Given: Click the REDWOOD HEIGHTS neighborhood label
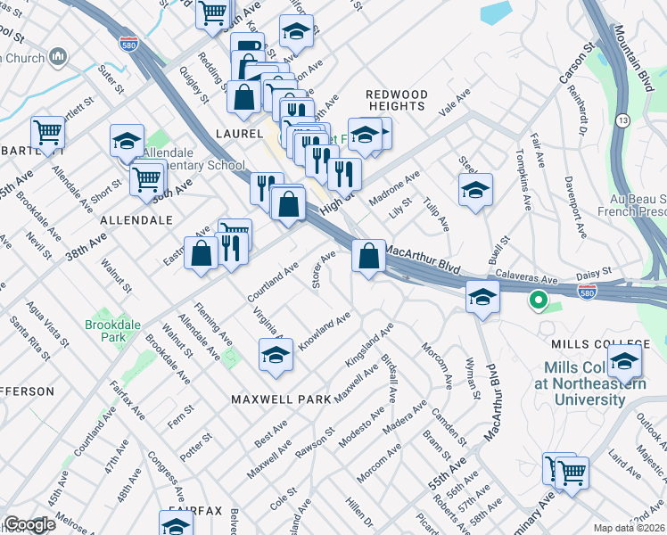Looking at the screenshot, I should [397, 100].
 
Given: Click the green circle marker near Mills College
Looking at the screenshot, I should [538, 300].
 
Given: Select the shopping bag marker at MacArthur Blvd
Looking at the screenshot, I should [368, 257].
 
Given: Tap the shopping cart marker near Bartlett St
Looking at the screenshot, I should [47, 133].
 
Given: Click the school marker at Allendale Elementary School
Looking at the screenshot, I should [128, 141].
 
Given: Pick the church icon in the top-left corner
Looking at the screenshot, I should [59, 57].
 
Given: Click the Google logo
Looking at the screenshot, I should [29, 524].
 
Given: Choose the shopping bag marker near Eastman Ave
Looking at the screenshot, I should [202, 253].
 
